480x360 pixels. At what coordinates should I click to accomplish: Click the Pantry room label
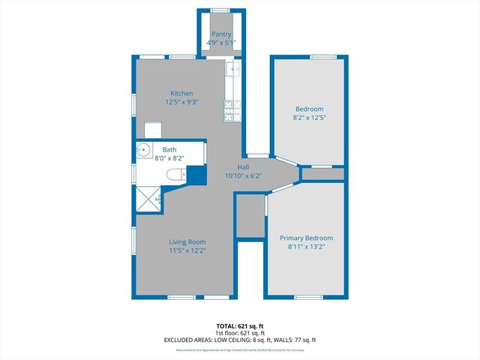pyautogui.click(x=221, y=34)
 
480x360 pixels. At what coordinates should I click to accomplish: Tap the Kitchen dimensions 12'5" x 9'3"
pyautogui.click(x=181, y=103)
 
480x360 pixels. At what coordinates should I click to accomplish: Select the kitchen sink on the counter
pyautogui.click(x=233, y=70)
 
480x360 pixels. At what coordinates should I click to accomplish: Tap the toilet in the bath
pyautogui.click(x=174, y=175)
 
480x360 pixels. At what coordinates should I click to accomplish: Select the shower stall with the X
pyautogui.click(x=147, y=199)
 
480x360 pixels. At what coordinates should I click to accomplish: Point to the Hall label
pyautogui.click(x=243, y=166)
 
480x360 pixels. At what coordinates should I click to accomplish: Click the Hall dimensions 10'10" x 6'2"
pyautogui.click(x=243, y=175)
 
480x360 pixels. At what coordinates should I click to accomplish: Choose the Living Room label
pyautogui.click(x=187, y=241)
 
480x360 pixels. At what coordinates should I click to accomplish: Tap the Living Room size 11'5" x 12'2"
pyautogui.click(x=187, y=250)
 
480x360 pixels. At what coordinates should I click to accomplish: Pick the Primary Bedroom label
pyautogui.click(x=306, y=238)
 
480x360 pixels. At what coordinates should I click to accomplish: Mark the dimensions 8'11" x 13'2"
pyautogui.click(x=306, y=247)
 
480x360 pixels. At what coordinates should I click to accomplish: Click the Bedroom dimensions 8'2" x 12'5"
pyautogui.click(x=309, y=118)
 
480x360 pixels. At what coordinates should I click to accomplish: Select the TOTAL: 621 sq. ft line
pyautogui.click(x=240, y=326)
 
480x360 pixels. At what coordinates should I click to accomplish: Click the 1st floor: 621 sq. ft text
pyautogui.click(x=240, y=333)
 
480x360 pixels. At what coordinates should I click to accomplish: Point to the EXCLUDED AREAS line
pyautogui.click(x=240, y=340)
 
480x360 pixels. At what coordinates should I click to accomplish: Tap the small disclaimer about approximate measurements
pyautogui.click(x=240, y=350)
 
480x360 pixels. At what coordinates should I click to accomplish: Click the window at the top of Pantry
pyautogui.click(x=220, y=10)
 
